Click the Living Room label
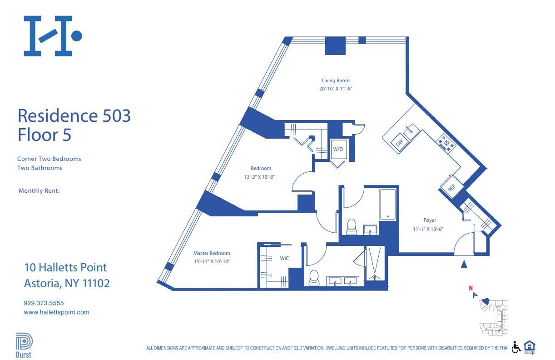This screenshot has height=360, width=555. click(336, 81)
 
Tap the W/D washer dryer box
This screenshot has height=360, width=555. click(337, 149)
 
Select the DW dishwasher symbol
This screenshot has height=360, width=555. click(399, 143)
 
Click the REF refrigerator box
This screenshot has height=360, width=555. click(451, 187)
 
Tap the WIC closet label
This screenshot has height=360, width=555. click(284, 258)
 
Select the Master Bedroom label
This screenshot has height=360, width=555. click(212, 253)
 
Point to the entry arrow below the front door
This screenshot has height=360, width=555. click(464, 264)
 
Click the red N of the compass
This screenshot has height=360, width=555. click(471, 288)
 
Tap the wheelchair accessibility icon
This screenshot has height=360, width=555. click(516, 347)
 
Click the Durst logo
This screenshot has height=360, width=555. click(24, 345)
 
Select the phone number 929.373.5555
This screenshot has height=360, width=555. click(47, 303)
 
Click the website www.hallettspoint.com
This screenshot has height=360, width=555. click(56, 312)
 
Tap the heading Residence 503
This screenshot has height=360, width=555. click(74, 115)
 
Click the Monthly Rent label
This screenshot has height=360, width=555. click(39, 191)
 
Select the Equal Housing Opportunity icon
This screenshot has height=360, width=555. click(529, 346)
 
